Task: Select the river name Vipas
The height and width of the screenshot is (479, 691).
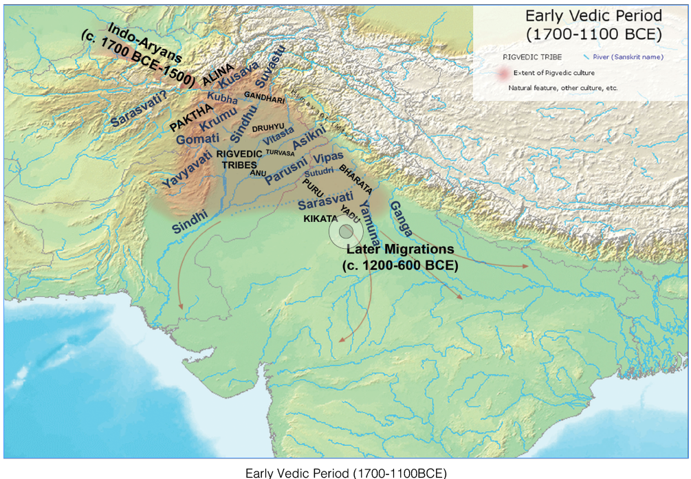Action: pos(328,159)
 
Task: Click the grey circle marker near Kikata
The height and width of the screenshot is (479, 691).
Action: pos(345,233)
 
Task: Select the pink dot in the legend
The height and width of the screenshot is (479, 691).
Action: pos(504,72)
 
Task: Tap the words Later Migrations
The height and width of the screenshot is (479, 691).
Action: pos(400,250)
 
